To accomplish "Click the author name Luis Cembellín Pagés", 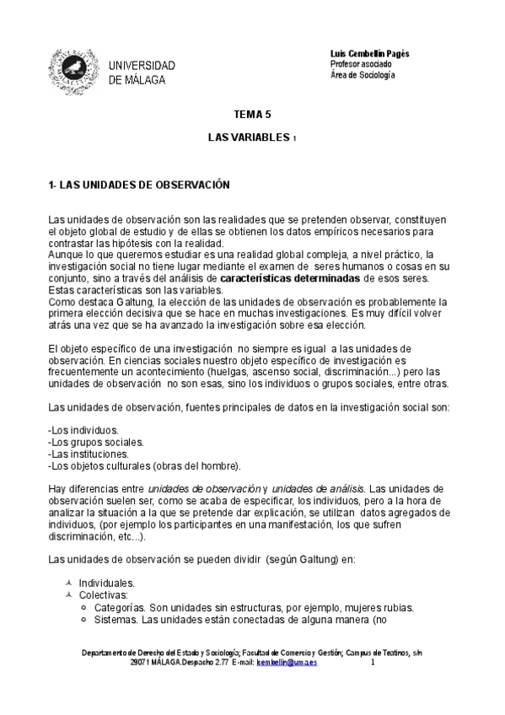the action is (x=369, y=53).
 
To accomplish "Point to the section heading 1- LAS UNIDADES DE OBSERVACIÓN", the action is (x=139, y=184).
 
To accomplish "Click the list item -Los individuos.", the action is (x=83, y=430).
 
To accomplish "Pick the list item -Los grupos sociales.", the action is (x=95, y=442).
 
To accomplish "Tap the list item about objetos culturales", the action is (x=144, y=465).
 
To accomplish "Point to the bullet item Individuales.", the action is (x=106, y=583).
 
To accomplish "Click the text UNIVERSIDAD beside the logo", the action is (x=142, y=66).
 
